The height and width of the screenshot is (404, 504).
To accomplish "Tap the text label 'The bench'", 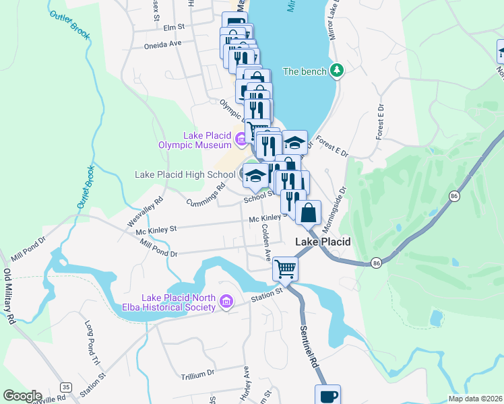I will tap(305, 71).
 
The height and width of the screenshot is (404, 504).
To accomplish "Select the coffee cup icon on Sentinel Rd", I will tap(327, 396).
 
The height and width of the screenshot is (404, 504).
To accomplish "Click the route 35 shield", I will tap(65, 387).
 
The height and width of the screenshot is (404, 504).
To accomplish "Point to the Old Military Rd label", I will tap(9, 297).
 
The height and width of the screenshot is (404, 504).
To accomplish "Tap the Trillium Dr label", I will tap(197, 372).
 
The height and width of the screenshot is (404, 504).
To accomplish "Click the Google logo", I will tap(22, 396).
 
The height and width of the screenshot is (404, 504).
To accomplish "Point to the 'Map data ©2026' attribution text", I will tap(475, 399).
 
